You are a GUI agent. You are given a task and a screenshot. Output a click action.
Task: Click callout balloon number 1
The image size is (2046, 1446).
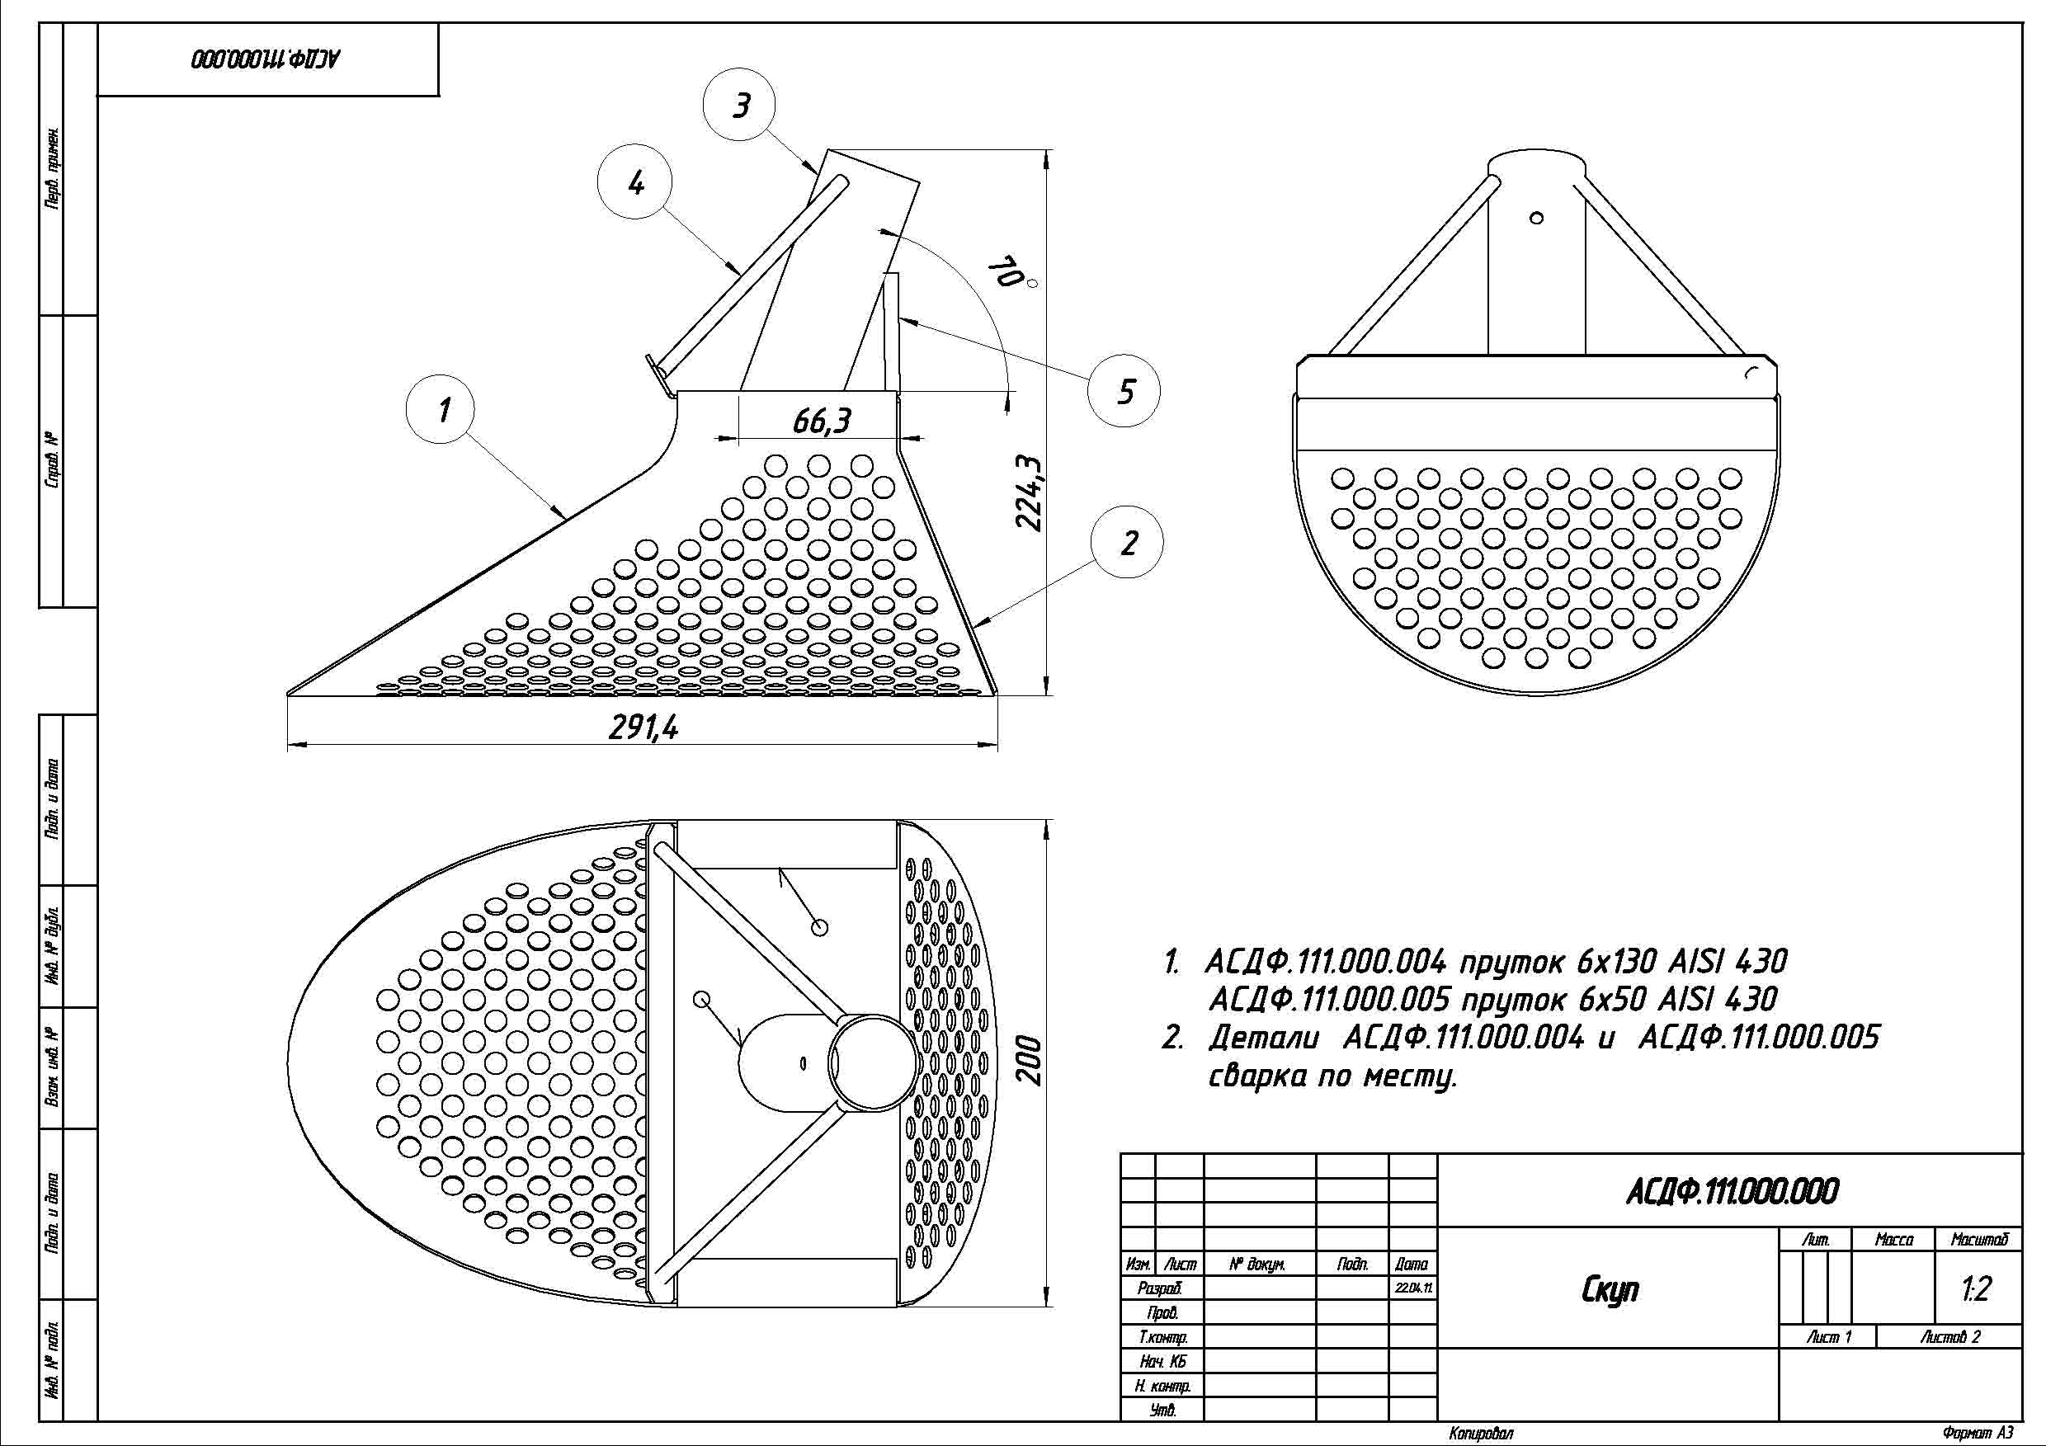tap(443, 410)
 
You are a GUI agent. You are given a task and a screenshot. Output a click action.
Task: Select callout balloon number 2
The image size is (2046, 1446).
tap(1127, 542)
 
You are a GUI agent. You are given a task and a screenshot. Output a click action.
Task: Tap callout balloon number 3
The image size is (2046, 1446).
tap(740, 105)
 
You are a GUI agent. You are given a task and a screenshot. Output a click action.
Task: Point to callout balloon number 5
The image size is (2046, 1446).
tap(1124, 390)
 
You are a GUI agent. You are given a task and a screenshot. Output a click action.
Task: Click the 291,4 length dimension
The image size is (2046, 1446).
tap(643, 728)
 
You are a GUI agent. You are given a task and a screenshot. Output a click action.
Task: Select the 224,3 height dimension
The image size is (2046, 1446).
tap(1030, 492)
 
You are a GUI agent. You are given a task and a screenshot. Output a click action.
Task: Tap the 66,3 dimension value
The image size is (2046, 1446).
tap(822, 421)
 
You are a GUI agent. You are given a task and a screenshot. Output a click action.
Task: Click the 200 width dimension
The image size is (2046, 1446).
tap(1030, 1060)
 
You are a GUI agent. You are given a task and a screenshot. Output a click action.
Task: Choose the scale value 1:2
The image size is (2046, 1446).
tap(1976, 1289)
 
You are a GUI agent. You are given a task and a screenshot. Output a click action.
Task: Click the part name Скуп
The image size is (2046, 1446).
tap(1610, 1289)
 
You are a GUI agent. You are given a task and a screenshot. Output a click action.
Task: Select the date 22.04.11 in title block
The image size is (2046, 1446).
tap(1412, 1288)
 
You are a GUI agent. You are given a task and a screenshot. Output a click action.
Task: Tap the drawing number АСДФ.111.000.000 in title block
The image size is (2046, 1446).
tap(1732, 1192)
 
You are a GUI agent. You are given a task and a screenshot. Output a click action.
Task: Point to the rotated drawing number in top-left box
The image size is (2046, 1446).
tap(266, 59)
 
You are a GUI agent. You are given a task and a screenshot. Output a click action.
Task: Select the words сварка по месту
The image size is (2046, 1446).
tap(1332, 1077)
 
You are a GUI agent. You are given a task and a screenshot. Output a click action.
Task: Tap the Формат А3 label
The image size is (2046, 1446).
tap(1978, 1434)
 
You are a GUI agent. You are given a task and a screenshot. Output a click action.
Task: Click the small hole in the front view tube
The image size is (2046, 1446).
tap(1535, 219)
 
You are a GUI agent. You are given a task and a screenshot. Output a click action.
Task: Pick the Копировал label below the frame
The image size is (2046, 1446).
tap(1480, 1434)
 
